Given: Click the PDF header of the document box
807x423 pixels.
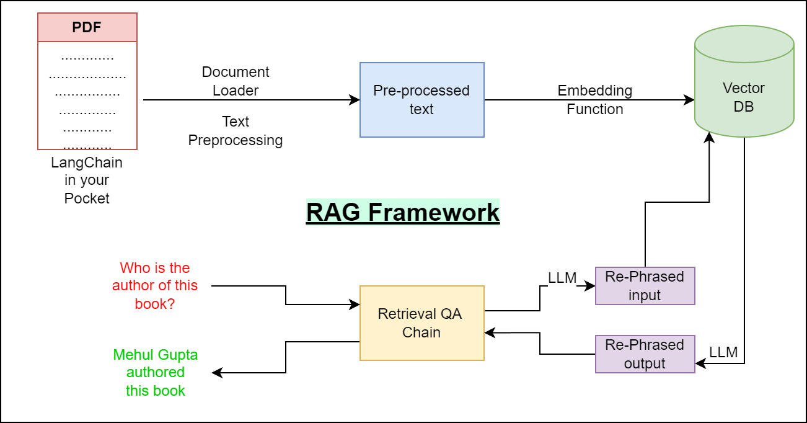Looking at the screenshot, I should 87,27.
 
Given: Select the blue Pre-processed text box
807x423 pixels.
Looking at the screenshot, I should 421,100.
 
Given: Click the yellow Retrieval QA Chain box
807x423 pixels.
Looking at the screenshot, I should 421,323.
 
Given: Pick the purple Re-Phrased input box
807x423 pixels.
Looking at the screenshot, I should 645,286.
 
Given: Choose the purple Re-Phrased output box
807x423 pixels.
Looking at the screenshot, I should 645,354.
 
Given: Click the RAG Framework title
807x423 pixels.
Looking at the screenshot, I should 403,212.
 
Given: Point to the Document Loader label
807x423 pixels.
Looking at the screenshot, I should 236,81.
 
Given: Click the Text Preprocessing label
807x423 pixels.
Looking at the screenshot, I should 236,131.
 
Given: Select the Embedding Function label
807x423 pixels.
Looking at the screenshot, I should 595,100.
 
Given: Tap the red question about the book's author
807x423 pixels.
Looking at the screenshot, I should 155,286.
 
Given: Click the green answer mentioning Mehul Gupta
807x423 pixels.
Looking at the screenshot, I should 156,373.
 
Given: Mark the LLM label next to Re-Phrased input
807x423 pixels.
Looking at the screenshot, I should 562,278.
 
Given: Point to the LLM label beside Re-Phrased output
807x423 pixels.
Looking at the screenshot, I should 723,352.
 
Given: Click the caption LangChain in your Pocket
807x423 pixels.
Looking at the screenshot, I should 87,180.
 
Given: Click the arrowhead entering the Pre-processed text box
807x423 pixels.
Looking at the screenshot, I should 355,100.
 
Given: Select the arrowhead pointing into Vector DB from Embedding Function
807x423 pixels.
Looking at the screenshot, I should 689,100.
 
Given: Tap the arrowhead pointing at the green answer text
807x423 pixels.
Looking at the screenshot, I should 217,373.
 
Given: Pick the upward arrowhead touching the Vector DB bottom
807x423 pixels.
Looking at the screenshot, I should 709,136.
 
